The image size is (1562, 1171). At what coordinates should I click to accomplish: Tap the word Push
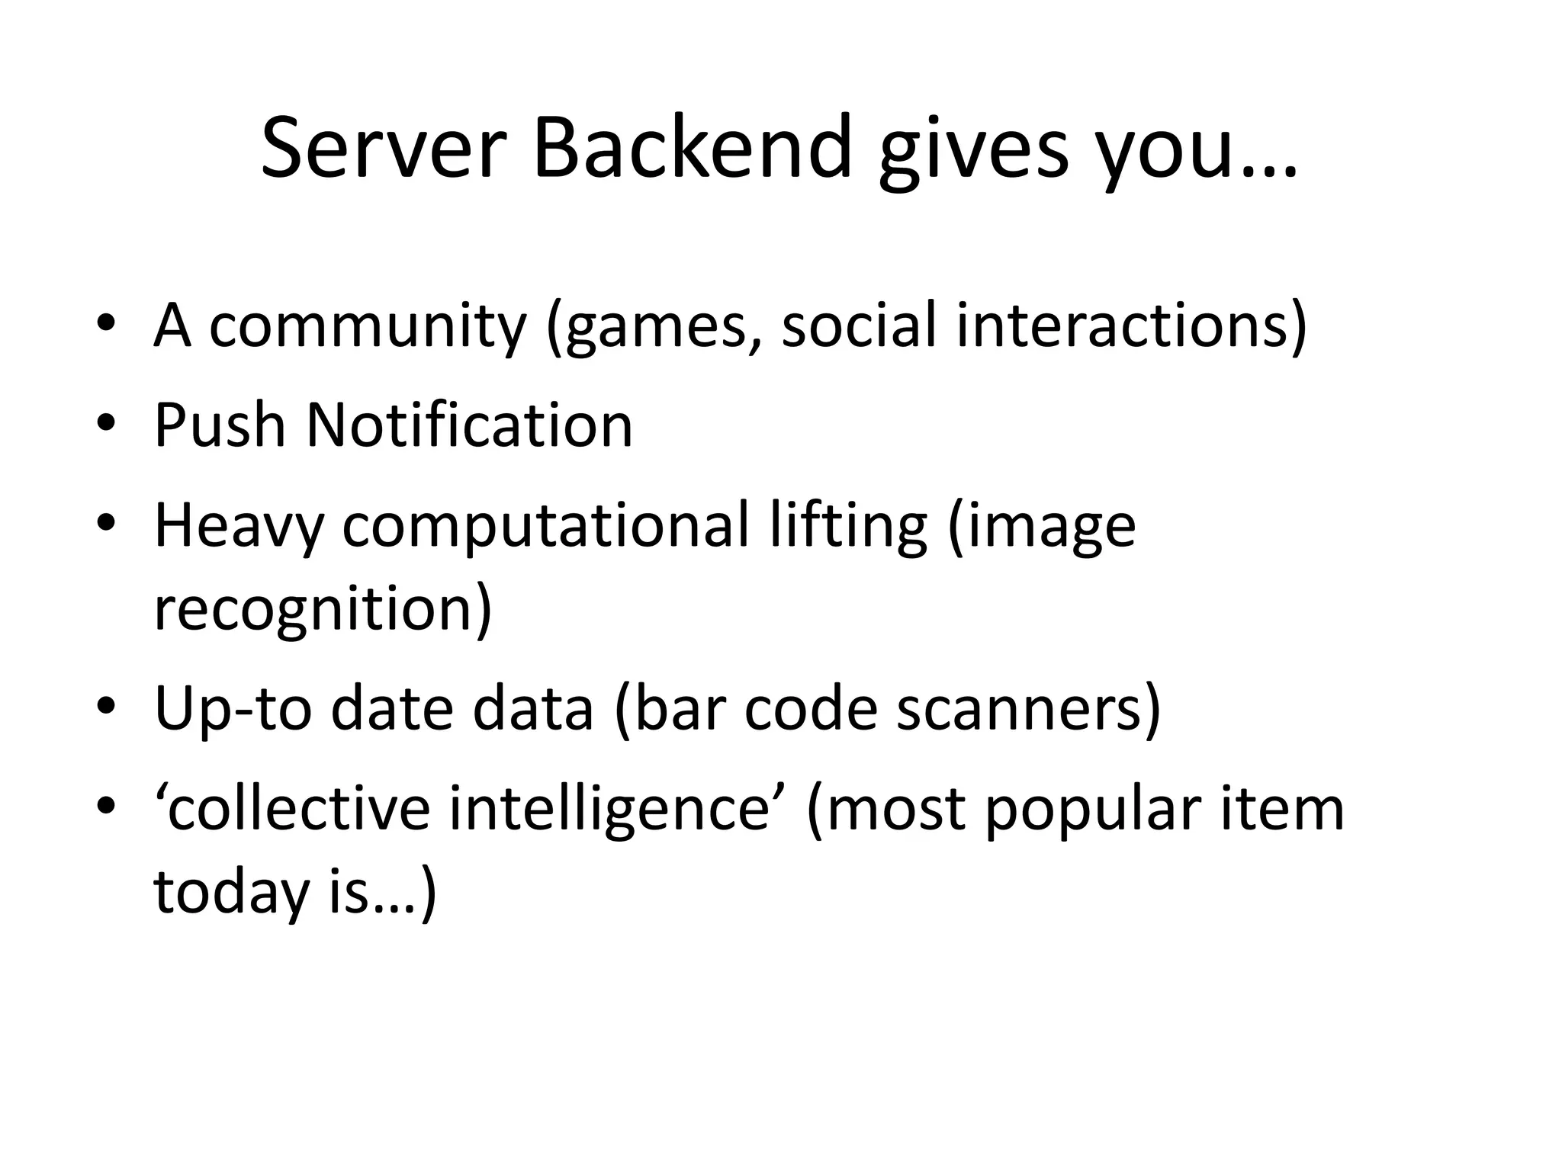pos(219,425)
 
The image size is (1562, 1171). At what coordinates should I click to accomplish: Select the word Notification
pos(469,425)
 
